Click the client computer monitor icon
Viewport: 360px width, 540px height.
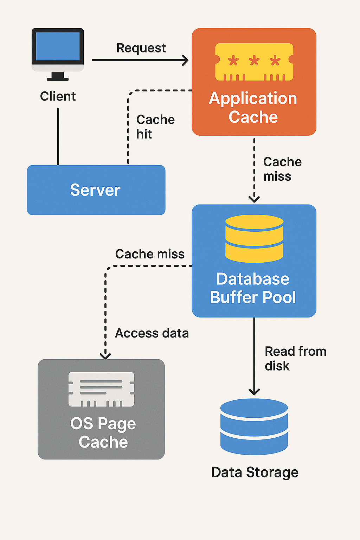pos(58,54)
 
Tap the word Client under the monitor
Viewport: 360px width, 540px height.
pos(58,96)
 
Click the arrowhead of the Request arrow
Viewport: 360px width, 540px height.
pos(185,60)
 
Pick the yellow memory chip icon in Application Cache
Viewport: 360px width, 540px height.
pos(254,62)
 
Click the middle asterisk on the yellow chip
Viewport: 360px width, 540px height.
pos(254,60)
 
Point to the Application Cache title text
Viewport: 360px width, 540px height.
pos(253,108)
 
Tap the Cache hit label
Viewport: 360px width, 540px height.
pos(155,127)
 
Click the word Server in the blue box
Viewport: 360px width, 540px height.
pos(95,190)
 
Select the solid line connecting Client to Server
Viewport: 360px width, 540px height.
pos(58,137)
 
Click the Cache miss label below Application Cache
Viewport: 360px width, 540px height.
pos(282,169)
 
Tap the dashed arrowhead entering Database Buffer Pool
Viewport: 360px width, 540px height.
pos(254,199)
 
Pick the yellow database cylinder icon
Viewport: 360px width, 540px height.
pos(255,239)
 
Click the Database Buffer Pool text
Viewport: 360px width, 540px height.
pos(253,288)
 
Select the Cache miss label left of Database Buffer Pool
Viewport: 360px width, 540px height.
pos(150,254)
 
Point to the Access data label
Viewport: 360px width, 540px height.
pos(152,333)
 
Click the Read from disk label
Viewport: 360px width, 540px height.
pos(295,359)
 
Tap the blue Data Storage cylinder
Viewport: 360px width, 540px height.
pos(254,427)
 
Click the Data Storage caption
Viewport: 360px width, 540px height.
pos(255,472)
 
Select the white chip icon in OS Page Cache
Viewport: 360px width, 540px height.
pos(101,389)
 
